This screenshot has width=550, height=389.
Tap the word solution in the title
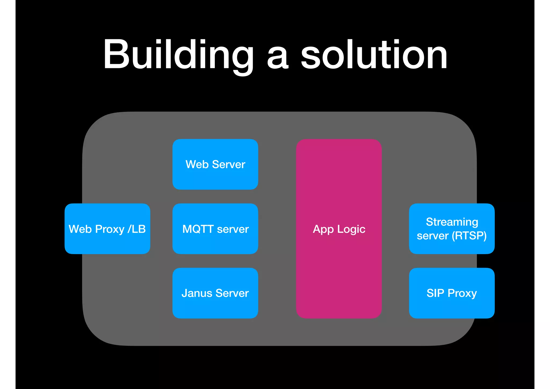tap(374, 55)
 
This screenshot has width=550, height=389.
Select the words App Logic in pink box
tap(339, 229)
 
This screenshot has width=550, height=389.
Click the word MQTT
tap(198, 229)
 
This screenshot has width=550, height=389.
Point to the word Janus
tap(197, 293)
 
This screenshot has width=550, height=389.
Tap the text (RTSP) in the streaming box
tap(469, 236)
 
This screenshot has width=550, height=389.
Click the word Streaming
tap(452, 222)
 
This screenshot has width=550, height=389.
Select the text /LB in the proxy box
tap(137, 229)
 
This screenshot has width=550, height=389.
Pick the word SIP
tap(435, 293)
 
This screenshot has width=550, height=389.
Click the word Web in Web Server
tap(197, 164)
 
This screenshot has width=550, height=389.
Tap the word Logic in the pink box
tap(351, 229)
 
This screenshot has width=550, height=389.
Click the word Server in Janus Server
tap(232, 293)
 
